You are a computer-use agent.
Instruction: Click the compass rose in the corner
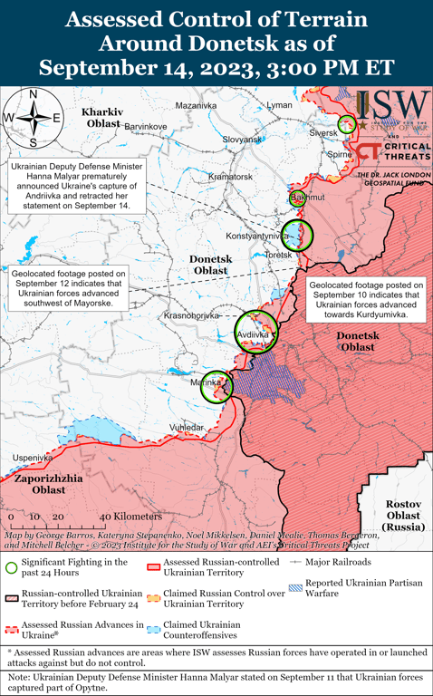point(33,117)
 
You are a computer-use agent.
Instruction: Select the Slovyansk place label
point(242,140)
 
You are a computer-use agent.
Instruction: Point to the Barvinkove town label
point(145,125)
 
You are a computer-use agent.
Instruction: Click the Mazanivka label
point(197,105)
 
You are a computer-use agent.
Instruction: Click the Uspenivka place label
point(32,458)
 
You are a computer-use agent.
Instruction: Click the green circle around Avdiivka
point(255,333)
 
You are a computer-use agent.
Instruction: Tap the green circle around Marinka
point(217,386)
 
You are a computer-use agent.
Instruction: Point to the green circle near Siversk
point(346,124)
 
